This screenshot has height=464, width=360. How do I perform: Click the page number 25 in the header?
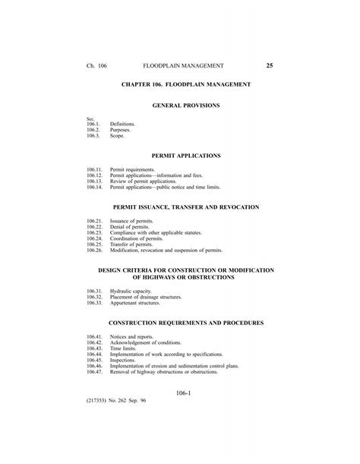pyautogui.click(x=269, y=67)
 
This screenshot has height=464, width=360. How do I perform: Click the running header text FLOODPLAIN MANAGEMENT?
pyautogui.click(x=179, y=67)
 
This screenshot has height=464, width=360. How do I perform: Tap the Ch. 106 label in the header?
pyautogui.click(x=96, y=67)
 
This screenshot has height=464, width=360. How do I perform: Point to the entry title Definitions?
pyautogui.click(x=122, y=123)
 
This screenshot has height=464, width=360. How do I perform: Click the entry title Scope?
pyautogui.click(x=118, y=134)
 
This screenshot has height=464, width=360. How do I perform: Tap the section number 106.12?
pyautogui.click(x=94, y=175)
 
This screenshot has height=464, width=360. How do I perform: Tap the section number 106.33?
pyautogui.click(x=94, y=302)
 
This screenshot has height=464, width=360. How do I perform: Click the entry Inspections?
pyautogui.click(x=124, y=360)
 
